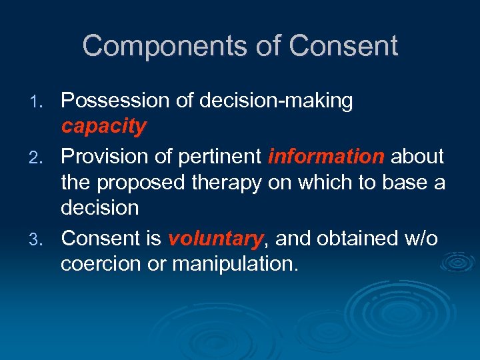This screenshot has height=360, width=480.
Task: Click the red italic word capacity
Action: (103, 127)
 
